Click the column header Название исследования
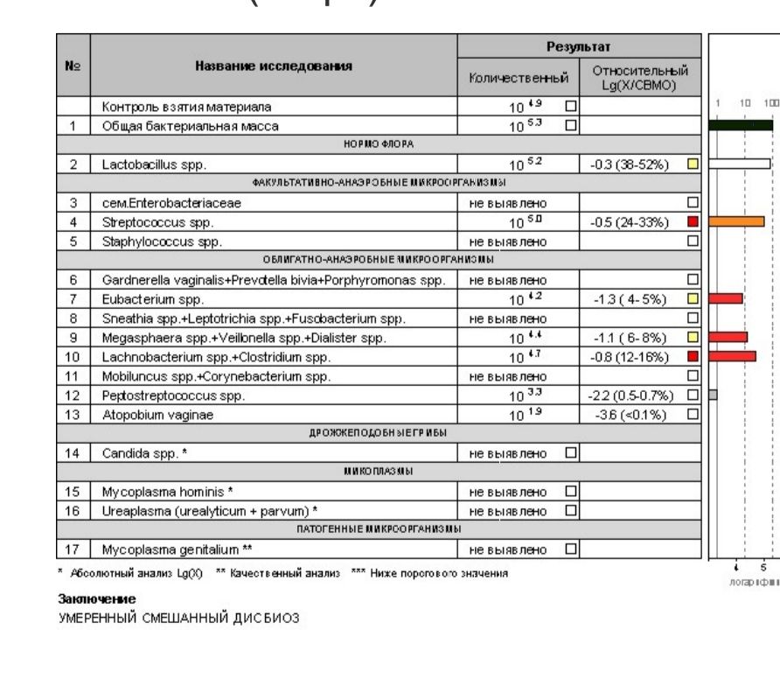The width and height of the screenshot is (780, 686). [x=273, y=66]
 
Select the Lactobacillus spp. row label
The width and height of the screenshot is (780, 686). [x=143, y=164]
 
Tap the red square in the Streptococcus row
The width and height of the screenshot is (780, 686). [x=693, y=221]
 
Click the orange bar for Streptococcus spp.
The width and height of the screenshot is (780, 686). [x=736, y=221]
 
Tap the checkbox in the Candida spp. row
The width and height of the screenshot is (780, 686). [x=571, y=452]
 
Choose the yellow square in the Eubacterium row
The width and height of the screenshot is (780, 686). [x=693, y=298]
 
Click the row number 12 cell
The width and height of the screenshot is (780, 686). [x=74, y=395]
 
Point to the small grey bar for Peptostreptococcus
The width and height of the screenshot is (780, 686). [x=713, y=395]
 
